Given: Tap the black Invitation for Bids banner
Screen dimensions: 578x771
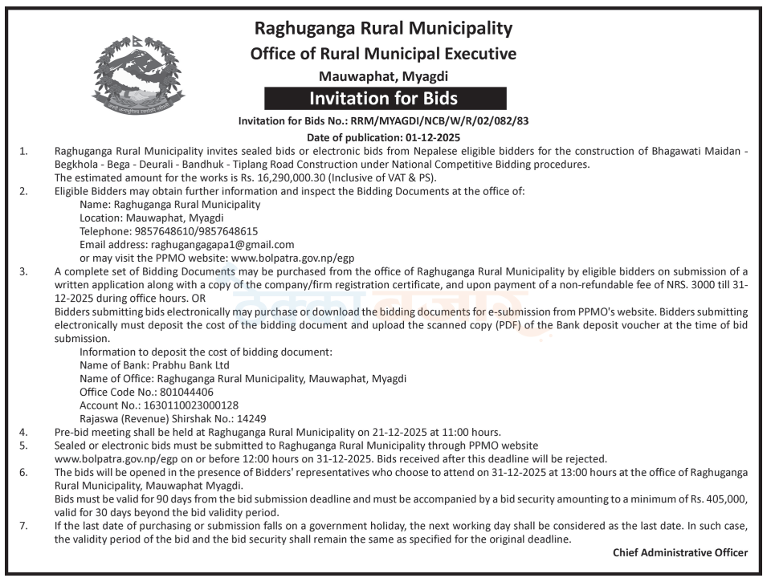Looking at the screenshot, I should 385,99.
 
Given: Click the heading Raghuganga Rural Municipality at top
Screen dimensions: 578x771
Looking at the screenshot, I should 383,29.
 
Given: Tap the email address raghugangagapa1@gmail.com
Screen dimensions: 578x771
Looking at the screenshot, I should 222,244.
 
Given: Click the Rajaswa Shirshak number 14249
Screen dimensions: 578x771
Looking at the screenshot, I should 246,418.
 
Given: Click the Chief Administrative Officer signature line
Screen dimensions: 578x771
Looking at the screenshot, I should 679,552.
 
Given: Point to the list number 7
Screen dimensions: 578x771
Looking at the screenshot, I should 23,526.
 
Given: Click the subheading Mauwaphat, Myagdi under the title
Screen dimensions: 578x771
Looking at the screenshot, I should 383,77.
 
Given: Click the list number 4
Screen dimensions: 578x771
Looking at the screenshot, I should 23,432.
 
